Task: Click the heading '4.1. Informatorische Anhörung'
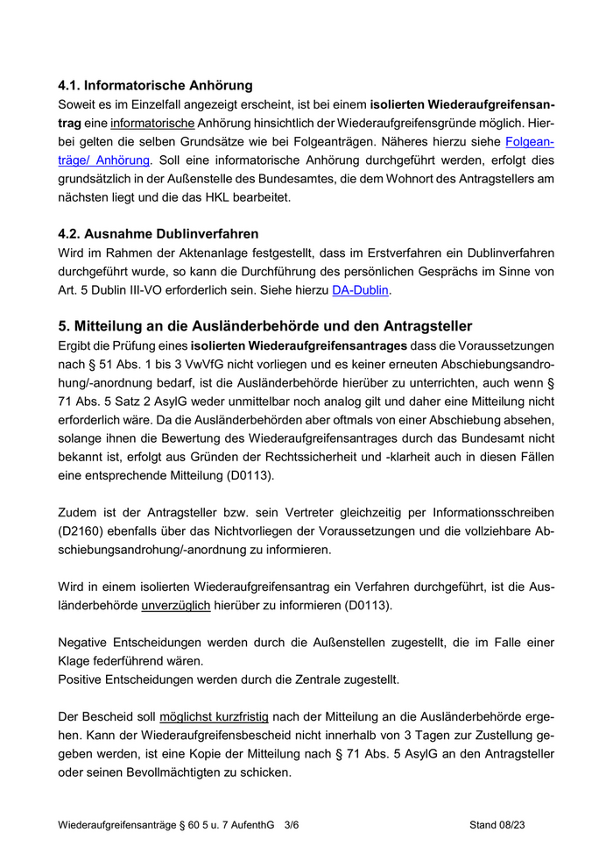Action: pos(155,85)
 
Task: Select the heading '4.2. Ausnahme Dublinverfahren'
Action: pos(158,234)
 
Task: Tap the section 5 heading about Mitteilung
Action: pos(264,326)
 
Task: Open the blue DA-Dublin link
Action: pos(361,290)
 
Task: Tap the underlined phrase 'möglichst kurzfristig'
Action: pos(214,717)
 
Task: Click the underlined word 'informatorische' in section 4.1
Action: pos(152,123)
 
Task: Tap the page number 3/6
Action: pos(292,825)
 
